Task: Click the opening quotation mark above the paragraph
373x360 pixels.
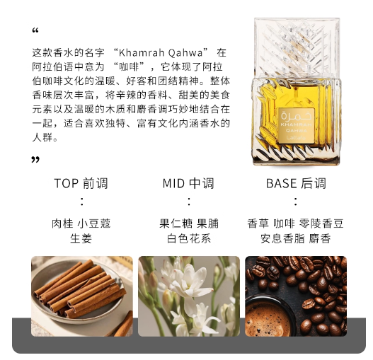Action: coord(35,30)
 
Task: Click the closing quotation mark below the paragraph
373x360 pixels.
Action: coord(35,159)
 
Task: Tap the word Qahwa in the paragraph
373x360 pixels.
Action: coord(185,52)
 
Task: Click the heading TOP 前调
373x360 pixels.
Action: coord(81,184)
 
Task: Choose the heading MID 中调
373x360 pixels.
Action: coord(188,184)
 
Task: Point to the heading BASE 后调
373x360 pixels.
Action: coord(296,184)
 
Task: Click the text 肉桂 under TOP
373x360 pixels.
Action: coord(62,223)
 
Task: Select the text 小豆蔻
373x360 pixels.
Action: coord(94,223)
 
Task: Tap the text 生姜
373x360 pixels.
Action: coord(81,238)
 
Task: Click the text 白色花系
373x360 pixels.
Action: coord(189,238)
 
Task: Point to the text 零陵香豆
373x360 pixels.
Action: coord(321,223)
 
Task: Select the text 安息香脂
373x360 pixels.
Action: coord(282,238)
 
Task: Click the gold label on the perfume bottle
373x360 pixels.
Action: coord(297,126)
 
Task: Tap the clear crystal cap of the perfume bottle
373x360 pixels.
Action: coord(297,47)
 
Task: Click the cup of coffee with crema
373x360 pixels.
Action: coord(269,316)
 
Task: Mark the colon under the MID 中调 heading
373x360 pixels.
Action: coord(189,202)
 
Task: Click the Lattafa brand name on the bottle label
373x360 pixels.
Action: coord(296,137)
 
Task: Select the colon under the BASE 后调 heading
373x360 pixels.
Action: coord(296,202)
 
